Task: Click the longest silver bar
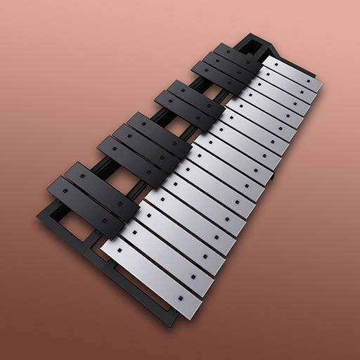[x=151, y=271]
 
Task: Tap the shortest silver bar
[x=292, y=74]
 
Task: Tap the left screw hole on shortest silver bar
[x=271, y=63]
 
